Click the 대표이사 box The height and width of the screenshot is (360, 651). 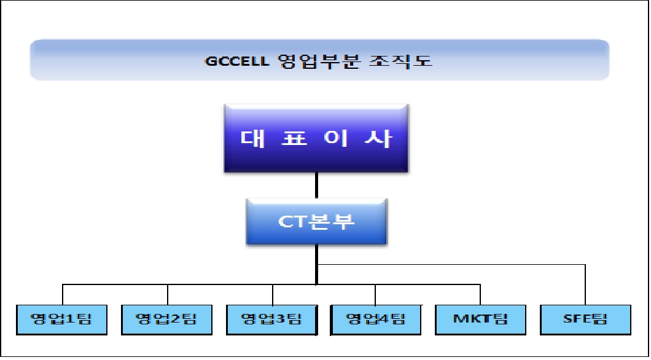pos(316,138)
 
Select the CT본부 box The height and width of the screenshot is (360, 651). pos(316,221)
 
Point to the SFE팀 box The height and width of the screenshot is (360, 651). pos(585,319)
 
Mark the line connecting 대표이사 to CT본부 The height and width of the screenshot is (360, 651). pos(316,185)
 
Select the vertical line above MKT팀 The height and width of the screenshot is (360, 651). pos(480,294)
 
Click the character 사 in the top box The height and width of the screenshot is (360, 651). pos(379,138)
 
